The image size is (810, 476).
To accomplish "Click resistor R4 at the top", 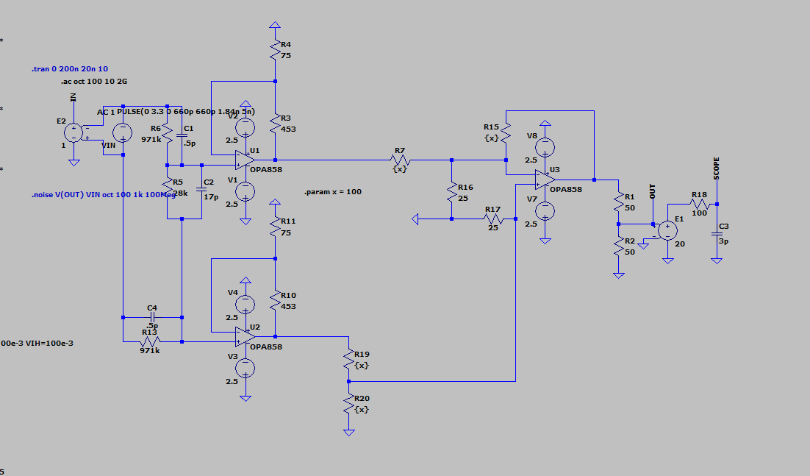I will [274, 49].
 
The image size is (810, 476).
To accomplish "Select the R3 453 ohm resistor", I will [274, 124].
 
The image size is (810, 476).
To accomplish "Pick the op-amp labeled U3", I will [545, 179].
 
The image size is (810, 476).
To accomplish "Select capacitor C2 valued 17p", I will [201, 191].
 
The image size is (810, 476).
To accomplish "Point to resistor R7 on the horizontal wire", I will [400, 159].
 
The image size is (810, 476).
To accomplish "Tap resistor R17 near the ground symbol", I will [492, 219].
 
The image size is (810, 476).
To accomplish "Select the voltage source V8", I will [545, 146].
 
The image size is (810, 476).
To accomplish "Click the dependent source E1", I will [666, 230].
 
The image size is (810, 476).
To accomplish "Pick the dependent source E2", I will [74, 133].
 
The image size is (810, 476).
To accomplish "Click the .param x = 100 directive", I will [332, 192].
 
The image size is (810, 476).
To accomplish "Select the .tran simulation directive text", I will [70, 68].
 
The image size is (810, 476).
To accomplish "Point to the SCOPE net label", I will [717, 168].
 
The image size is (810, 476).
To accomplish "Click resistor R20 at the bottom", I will [348, 404].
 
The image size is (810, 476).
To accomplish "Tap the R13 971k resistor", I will [150, 342].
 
